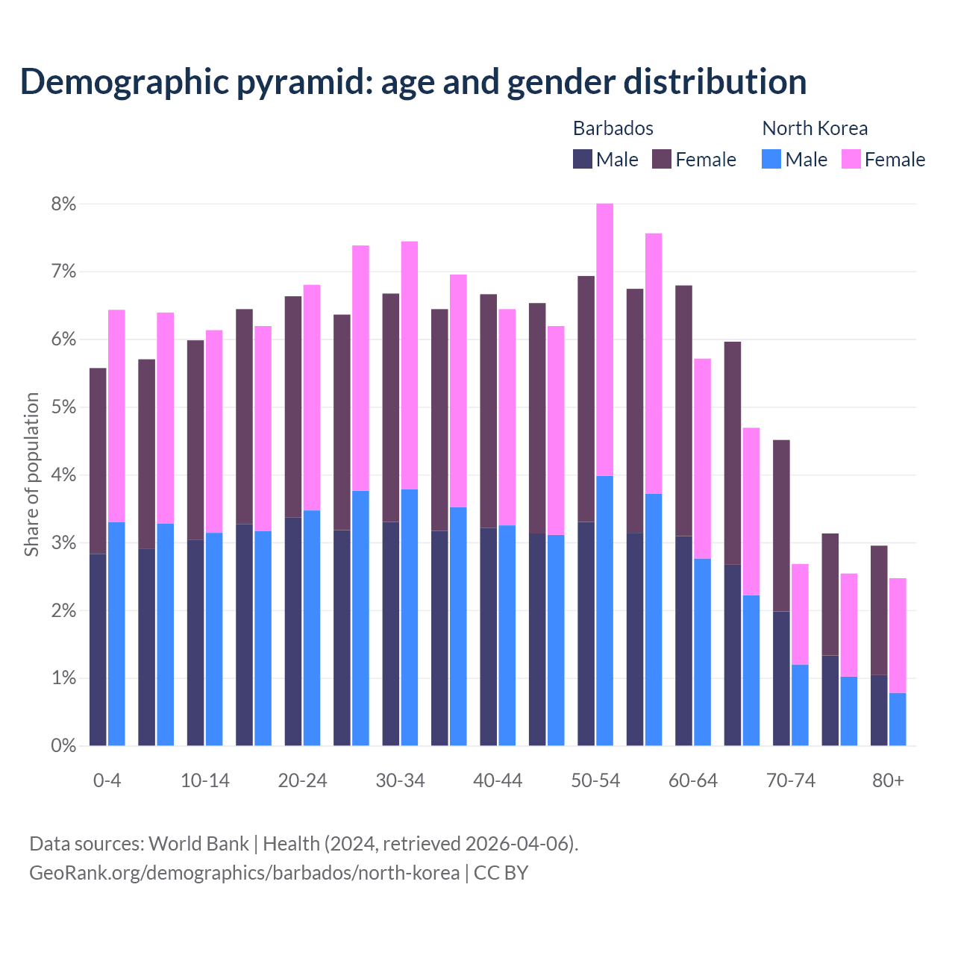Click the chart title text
pyautogui.click(x=413, y=82)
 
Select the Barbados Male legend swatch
pyautogui.click(x=582, y=159)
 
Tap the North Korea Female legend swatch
pyautogui.click(x=851, y=159)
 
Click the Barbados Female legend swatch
pyautogui.click(x=662, y=159)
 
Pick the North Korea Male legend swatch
pyautogui.click(x=771, y=159)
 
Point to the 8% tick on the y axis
pyautogui.click(x=63, y=204)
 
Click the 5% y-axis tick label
pyautogui.click(x=63, y=407)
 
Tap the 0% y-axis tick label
pyautogui.click(x=63, y=746)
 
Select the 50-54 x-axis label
pyautogui.click(x=595, y=781)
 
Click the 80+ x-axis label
pyautogui.click(x=888, y=781)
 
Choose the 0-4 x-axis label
pyautogui.click(x=107, y=781)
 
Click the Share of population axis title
pyautogui.click(x=31, y=475)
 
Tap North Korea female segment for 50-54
pyautogui.click(x=605, y=339)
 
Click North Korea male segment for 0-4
pyautogui.click(x=116, y=634)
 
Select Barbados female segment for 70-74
pyautogui.click(x=781, y=526)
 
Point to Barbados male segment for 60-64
pyautogui.click(x=683, y=641)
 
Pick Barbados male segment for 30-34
pyautogui.click(x=391, y=634)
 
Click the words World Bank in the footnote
pyautogui.click(x=198, y=844)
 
